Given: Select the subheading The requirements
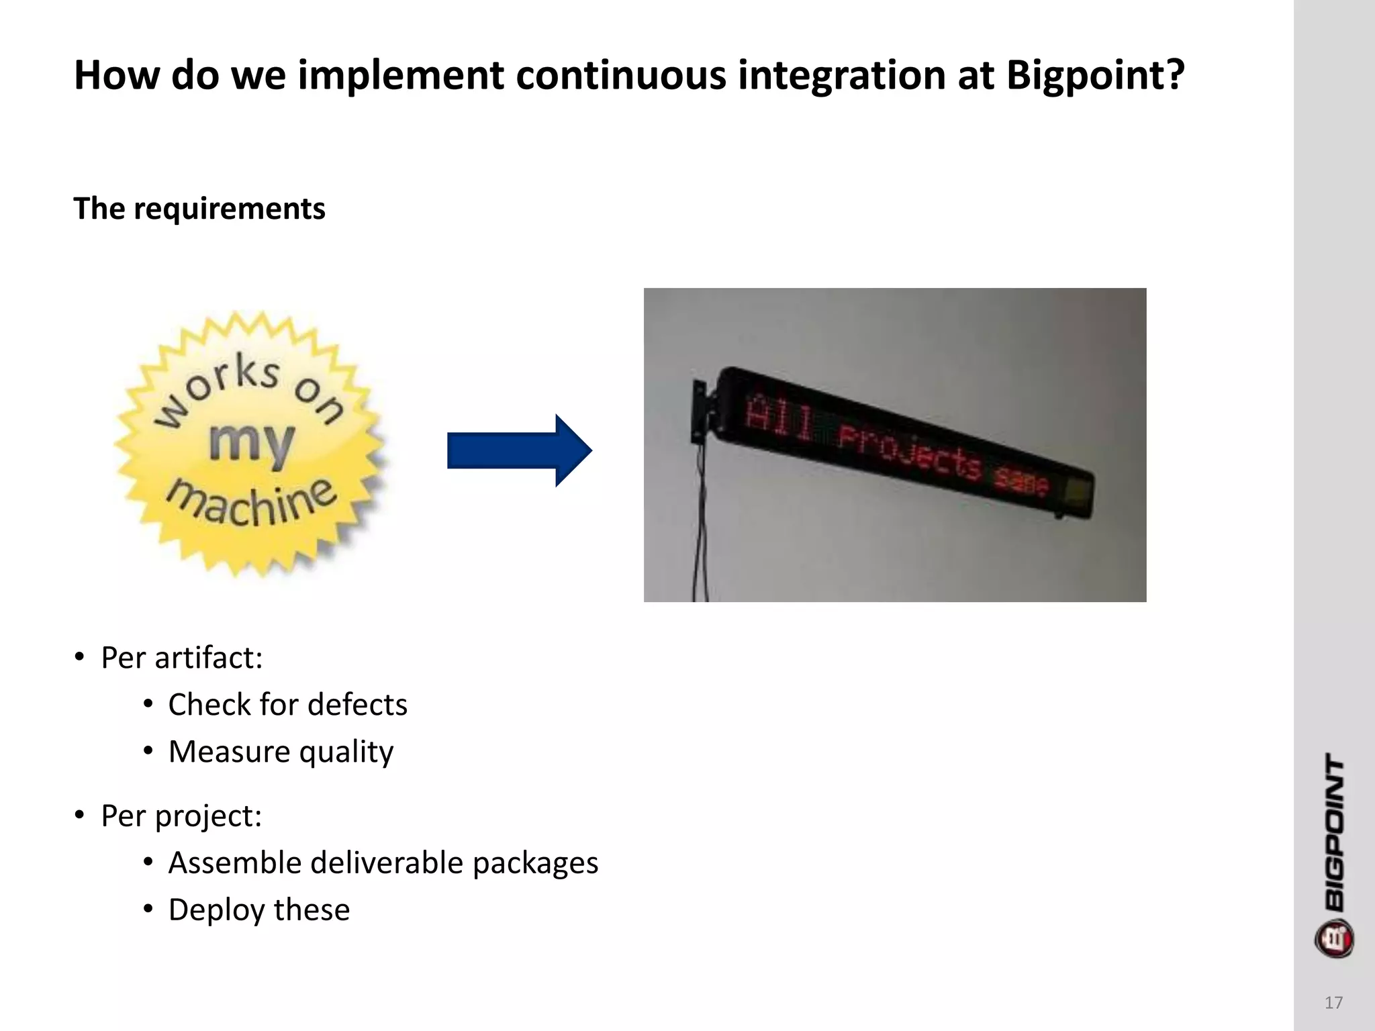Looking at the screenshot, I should (x=199, y=209).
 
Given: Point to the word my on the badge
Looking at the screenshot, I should (x=251, y=444).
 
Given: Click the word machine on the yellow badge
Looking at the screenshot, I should (x=252, y=503).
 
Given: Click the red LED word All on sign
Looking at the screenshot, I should (x=779, y=418).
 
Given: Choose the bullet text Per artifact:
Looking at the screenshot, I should (x=181, y=658).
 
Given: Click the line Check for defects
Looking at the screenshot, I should (x=287, y=705).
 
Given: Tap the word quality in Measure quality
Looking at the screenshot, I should (x=346, y=752).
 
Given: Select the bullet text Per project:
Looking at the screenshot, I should (x=181, y=816).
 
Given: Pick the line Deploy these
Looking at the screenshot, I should (x=259, y=910).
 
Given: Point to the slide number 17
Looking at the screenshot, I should (x=1333, y=1003).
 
